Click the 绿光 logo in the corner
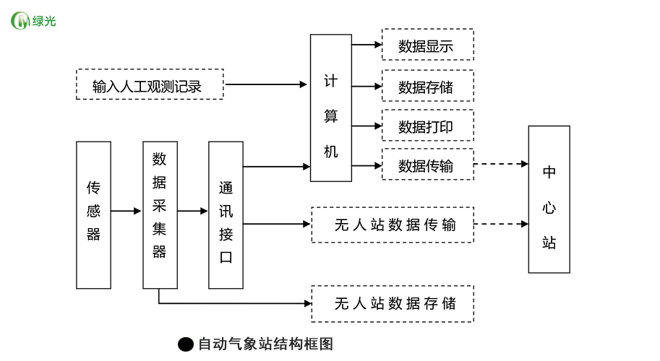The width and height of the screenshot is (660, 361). click(x=33, y=21)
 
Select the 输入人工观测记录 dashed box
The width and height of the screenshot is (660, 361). click(x=150, y=84)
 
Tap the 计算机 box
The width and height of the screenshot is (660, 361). click(x=331, y=108)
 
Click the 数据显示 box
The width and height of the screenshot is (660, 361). click(x=427, y=45)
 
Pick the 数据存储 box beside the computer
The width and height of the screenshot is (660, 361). click(x=427, y=86)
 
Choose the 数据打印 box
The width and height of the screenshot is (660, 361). click(x=427, y=126)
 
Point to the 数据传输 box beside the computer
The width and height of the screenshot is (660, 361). click(x=427, y=165)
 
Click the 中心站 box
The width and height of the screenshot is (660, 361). click(x=549, y=199)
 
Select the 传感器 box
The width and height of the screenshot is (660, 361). click(x=94, y=215)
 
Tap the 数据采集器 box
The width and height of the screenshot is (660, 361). click(x=160, y=215)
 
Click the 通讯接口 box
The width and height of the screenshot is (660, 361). click(x=226, y=215)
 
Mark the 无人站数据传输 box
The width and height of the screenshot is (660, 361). click(x=393, y=225)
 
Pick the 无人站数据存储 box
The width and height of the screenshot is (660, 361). click(x=393, y=303)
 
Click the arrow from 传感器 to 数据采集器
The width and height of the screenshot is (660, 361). click(x=127, y=212)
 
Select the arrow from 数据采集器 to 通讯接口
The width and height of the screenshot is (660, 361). click(x=193, y=212)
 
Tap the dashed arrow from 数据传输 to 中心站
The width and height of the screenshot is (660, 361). click(x=501, y=164)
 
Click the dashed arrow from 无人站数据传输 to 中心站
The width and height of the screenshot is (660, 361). click(x=501, y=224)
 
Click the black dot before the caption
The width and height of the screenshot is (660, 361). click(x=186, y=344)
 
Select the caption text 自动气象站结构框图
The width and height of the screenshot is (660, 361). click(x=265, y=344)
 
